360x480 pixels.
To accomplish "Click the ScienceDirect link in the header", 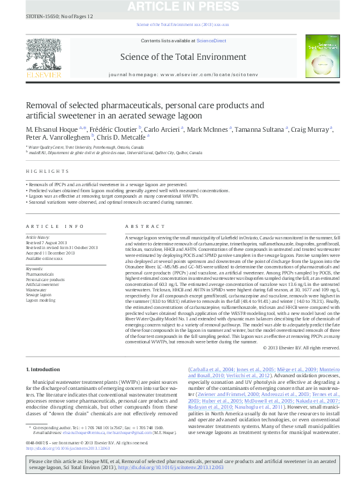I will coord(212,41).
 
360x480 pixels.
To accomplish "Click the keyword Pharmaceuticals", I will coord(40,274).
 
